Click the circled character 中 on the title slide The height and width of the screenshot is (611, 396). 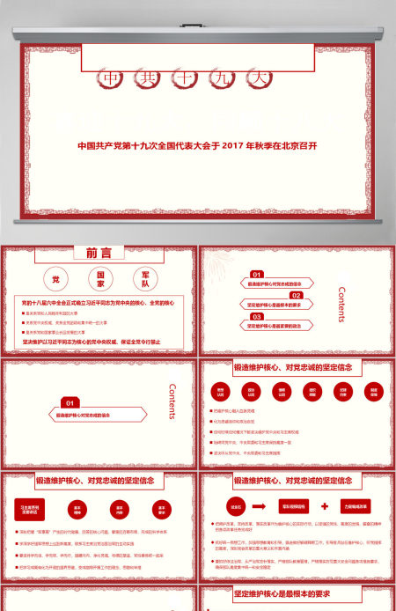(111, 78)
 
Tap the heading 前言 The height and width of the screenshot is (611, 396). (99, 253)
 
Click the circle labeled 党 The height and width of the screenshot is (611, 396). (55, 279)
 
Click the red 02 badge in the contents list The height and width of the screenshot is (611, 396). (297, 296)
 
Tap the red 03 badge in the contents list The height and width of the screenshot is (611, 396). (257, 316)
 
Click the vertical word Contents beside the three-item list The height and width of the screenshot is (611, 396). (342, 305)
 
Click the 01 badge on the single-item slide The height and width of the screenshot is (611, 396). (70, 402)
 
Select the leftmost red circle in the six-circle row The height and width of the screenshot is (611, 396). (218, 392)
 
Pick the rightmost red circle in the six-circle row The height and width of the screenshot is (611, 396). (373, 392)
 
